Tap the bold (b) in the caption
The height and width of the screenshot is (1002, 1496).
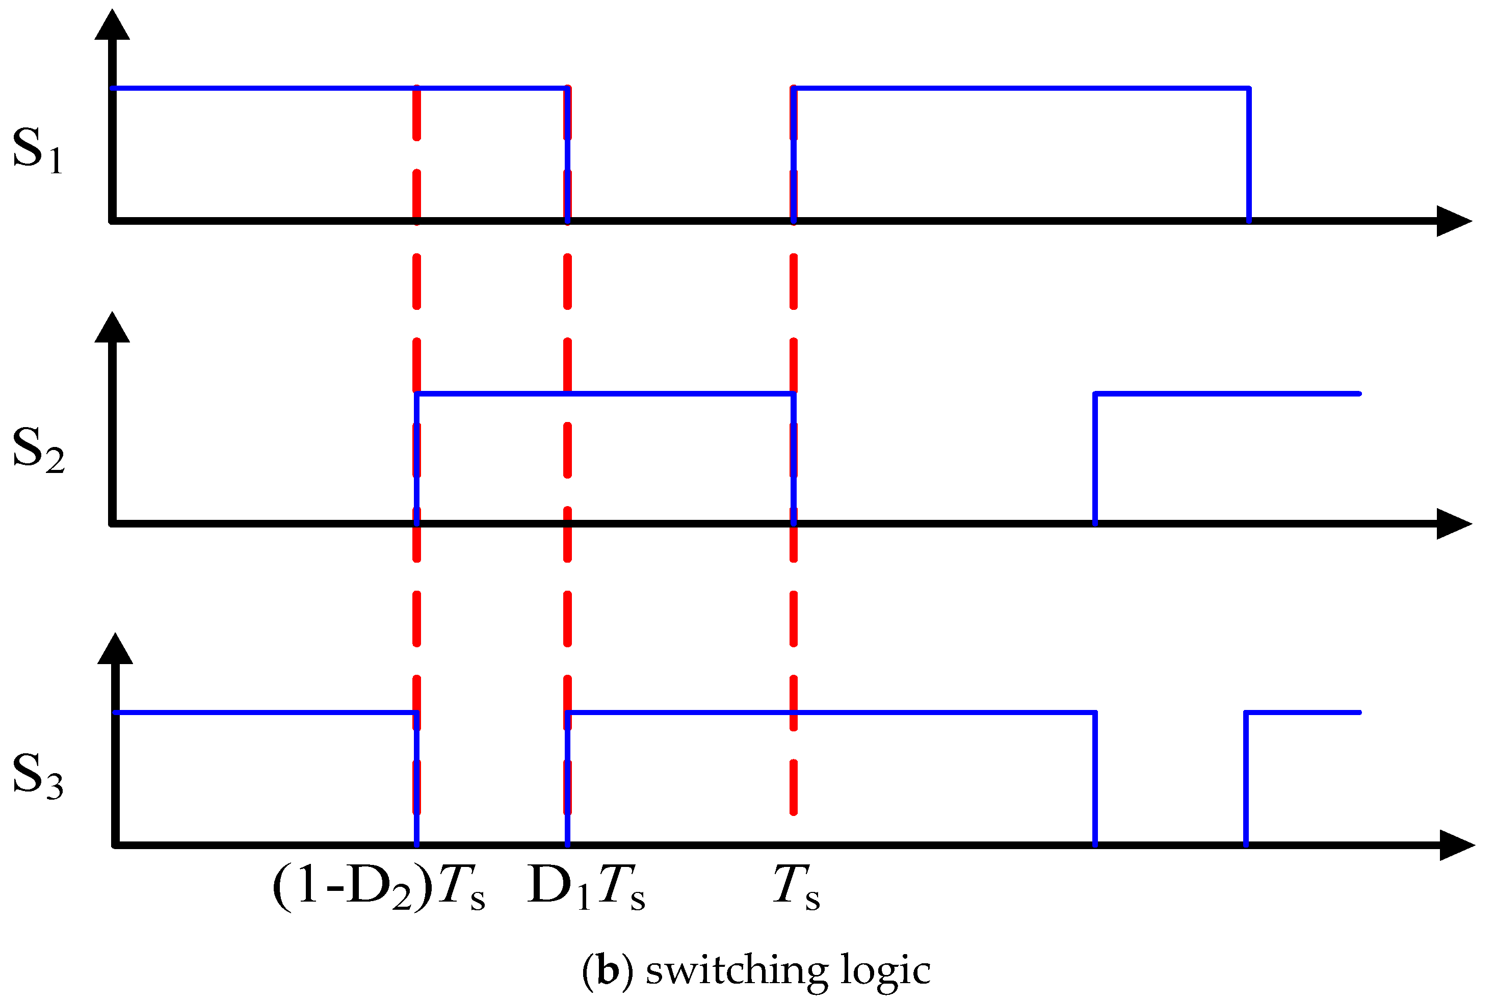coord(607,970)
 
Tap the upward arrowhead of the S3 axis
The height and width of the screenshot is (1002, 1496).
coord(115,649)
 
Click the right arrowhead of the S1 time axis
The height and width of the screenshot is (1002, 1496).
coord(1453,221)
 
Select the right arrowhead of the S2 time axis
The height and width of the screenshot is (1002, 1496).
coord(1453,524)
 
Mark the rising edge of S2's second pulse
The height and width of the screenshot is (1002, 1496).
coord(1095,459)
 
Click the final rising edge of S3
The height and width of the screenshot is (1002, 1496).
coord(1246,778)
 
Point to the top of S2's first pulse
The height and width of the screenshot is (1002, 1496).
coord(605,393)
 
